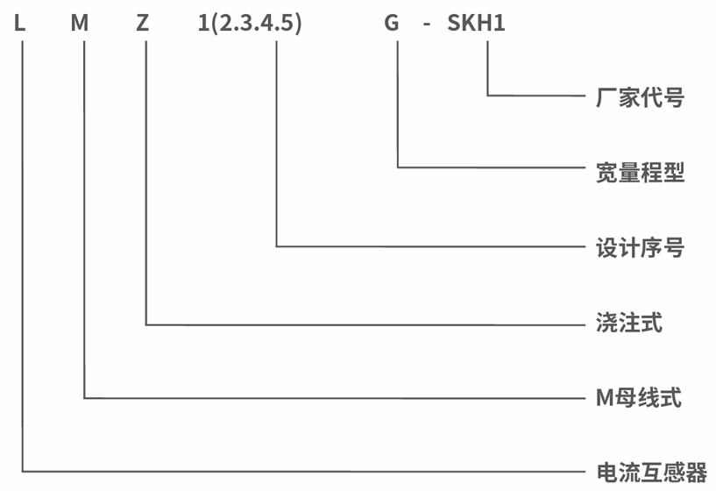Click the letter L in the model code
pos(19,23)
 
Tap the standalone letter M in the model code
pos(80,23)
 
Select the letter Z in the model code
pos(143,23)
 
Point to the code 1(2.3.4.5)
pos(250,24)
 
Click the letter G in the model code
pos(392,23)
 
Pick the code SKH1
pos(476,23)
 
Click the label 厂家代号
pos(640,97)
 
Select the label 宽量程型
pos(640,172)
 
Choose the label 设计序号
pos(640,247)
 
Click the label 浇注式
pos(628,323)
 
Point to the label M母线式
pos(639,397)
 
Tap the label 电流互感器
pos(652,473)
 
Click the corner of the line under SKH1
pos(487,96)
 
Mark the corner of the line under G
pos(398,167)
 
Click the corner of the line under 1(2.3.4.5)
pos(276,246)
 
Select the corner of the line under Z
pos(146,324)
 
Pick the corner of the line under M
pos(84,398)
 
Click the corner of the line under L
pos(23,471)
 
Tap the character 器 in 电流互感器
pos(697,473)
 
